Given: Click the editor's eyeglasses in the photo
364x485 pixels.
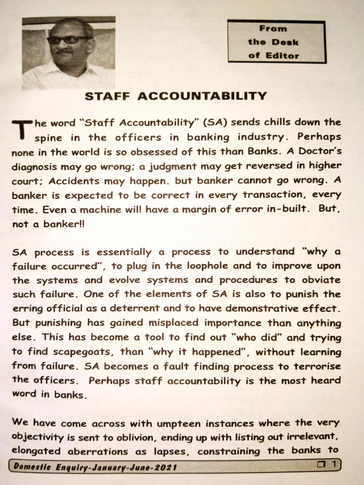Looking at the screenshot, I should pyautogui.click(x=67, y=40).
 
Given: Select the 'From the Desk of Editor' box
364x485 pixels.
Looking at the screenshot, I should pyautogui.click(x=277, y=42).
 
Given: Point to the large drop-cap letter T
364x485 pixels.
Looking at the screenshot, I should pyautogui.click(x=21, y=129).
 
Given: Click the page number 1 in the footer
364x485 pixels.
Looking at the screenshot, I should pyautogui.click(x=334, y=465).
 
